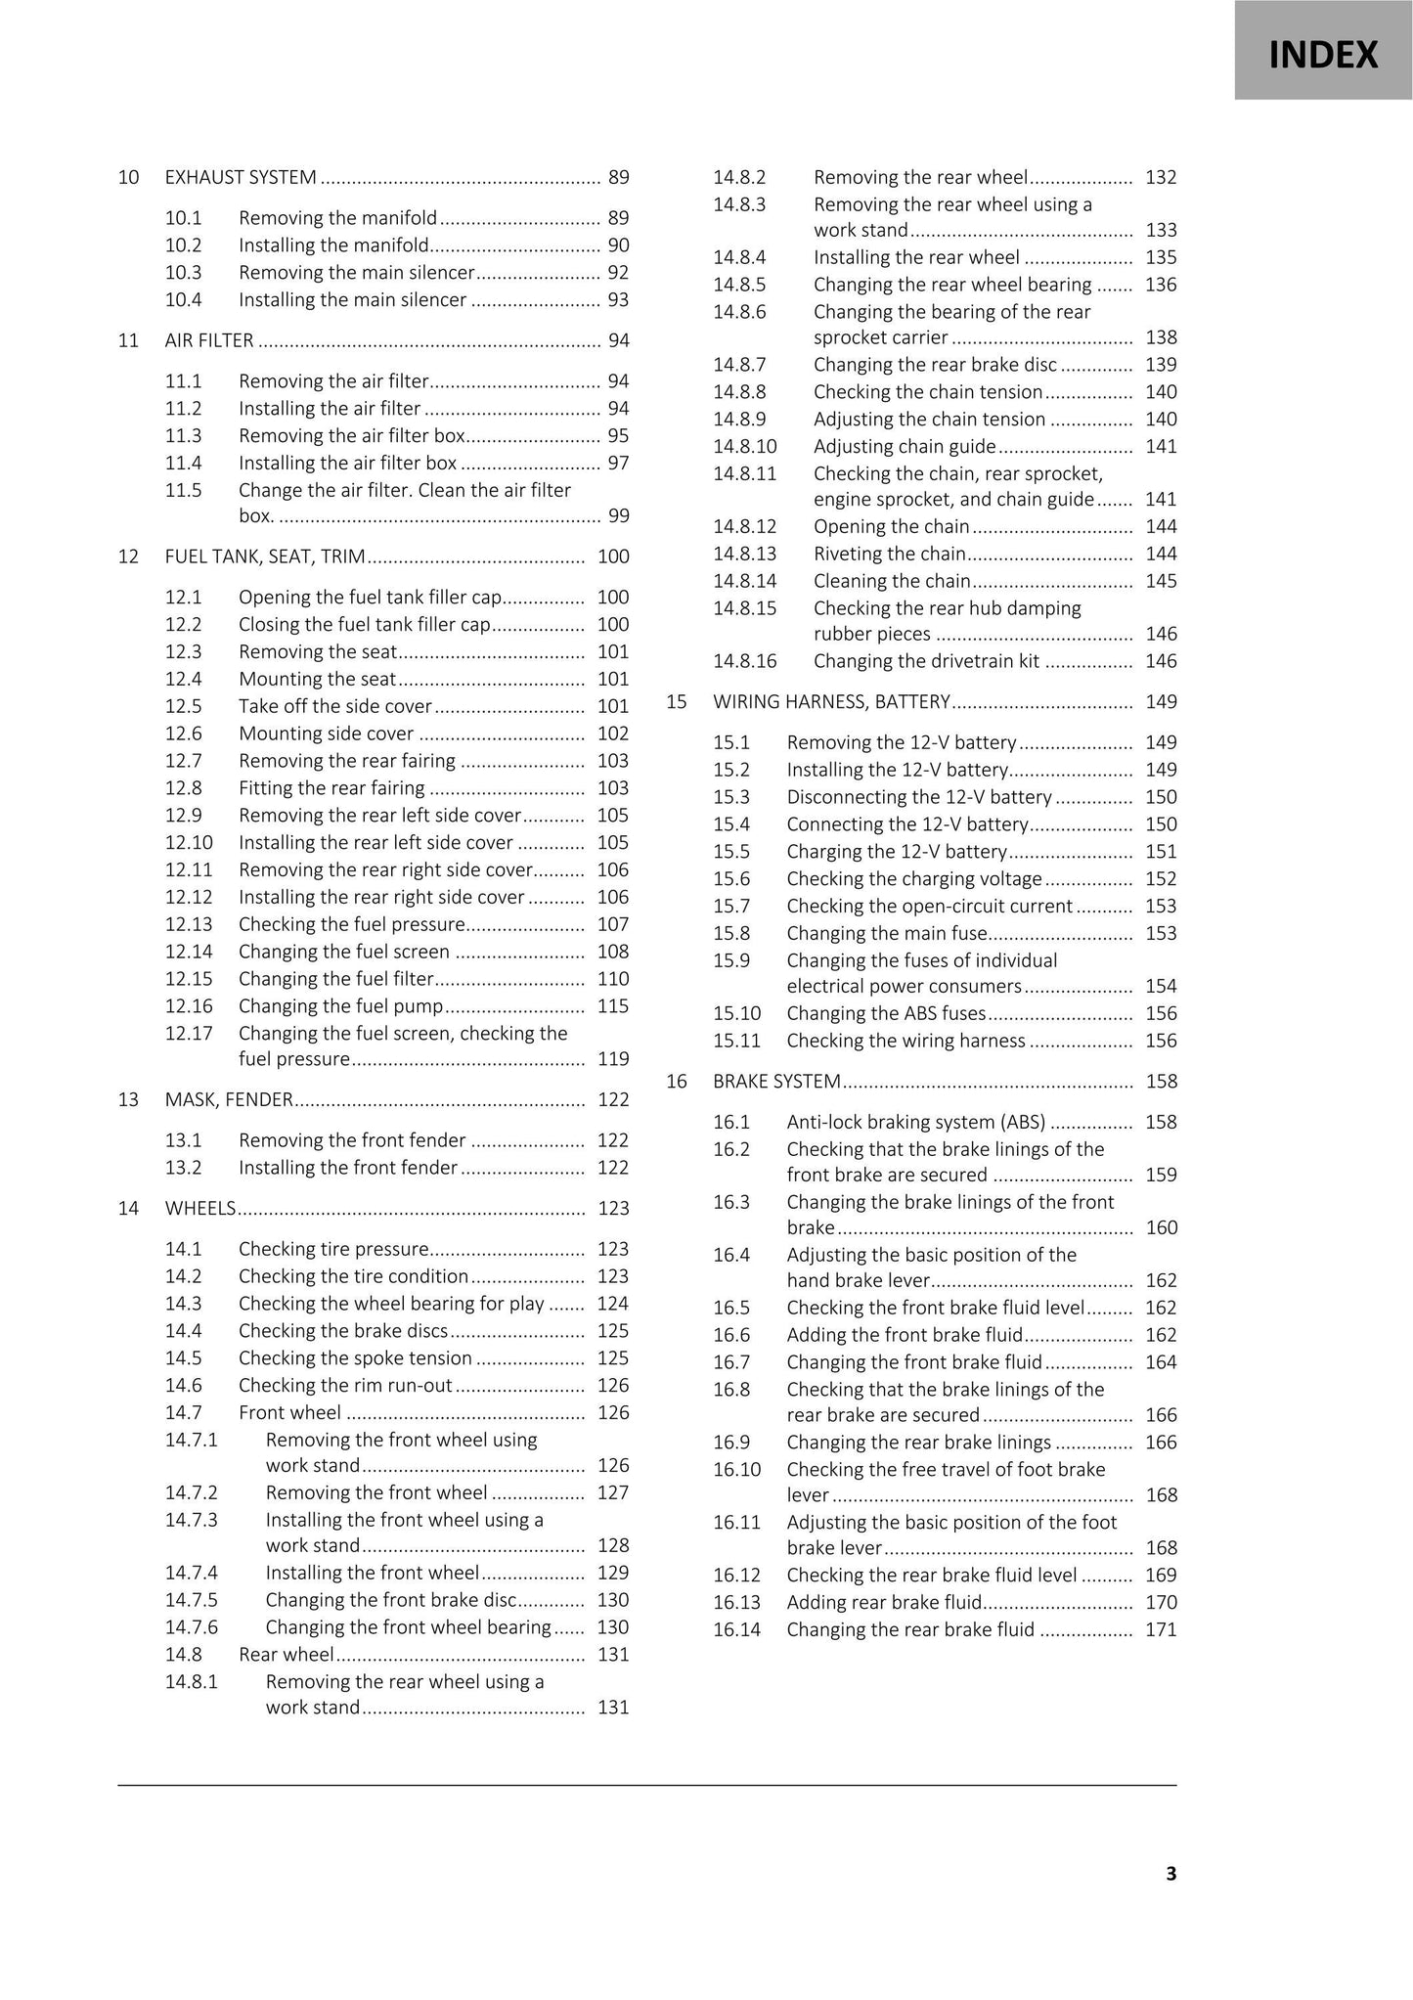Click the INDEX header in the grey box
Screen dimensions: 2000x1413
click(1323, 55)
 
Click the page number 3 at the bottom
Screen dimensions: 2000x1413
click(1170, 1874)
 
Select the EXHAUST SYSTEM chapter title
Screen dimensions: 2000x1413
click(241, 177)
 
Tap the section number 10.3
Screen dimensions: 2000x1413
click(183, 273)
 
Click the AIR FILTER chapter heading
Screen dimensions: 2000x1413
click(209, 340)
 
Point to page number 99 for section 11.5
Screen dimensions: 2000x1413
click(618, 516)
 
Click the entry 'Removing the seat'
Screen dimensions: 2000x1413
click(318, 652)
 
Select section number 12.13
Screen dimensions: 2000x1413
click(188, 924)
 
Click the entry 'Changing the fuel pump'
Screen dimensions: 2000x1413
click(340, 1006)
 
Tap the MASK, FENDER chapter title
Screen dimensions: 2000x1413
click(229, 1099)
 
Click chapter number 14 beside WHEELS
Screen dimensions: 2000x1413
click(128, 1209)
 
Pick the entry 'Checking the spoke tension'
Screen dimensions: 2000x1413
click(355, 1358)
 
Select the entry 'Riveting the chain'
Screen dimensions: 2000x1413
click(889, 555)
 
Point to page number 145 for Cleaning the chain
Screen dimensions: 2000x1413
click(1161, 582)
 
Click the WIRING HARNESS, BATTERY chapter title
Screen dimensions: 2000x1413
click(831, 702)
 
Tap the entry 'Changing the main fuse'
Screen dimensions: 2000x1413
click(887, 934)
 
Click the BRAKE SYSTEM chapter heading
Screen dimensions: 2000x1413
click(776, 1082)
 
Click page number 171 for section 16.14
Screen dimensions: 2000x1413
click(1161, 1630)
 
